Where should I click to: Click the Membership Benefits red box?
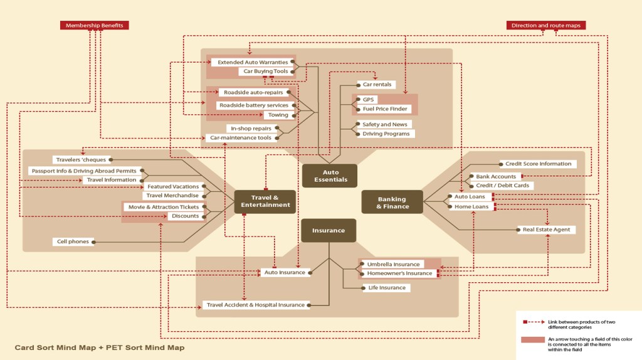[x=95, y=25]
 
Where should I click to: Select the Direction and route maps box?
[x=545, y=25]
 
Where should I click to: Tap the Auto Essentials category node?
[x=330, y=176]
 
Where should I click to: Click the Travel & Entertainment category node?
[x=265, y=201]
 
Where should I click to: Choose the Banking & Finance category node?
[x=392, y=202]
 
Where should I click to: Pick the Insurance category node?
[x=329, y=230]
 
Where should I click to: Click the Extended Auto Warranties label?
[x=253, y=62]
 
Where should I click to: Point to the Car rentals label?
[x=377, y=84]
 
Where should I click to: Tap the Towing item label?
[x=278, y=115]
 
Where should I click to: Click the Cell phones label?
[x=73, y=241]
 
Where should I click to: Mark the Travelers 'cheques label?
[x=80, y=159]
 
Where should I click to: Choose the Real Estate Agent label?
[x=546, y=230]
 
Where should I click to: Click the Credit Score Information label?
[x=538, y=164]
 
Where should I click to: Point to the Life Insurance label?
[x=387, y=288]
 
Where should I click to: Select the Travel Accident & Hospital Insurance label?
[x=256, y=305]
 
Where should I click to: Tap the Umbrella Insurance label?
[x=393, y=264]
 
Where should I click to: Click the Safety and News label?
[x=385, y=124]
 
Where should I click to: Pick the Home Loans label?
[x=471, y=206]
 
